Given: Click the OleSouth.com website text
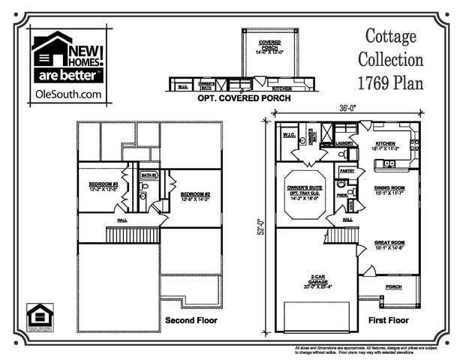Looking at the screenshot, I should coord(68,94).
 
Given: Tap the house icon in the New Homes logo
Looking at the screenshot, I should coord(49,56).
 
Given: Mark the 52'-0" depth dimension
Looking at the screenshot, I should coord(263,226).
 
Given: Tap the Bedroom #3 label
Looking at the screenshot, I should coord(104,183).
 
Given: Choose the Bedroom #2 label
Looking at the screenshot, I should coord(194,195).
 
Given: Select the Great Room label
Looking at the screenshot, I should coord(390,242).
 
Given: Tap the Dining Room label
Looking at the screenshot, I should coord(390,188).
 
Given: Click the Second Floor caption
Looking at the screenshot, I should coord(191,320).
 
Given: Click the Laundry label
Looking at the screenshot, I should coord(344,142).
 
